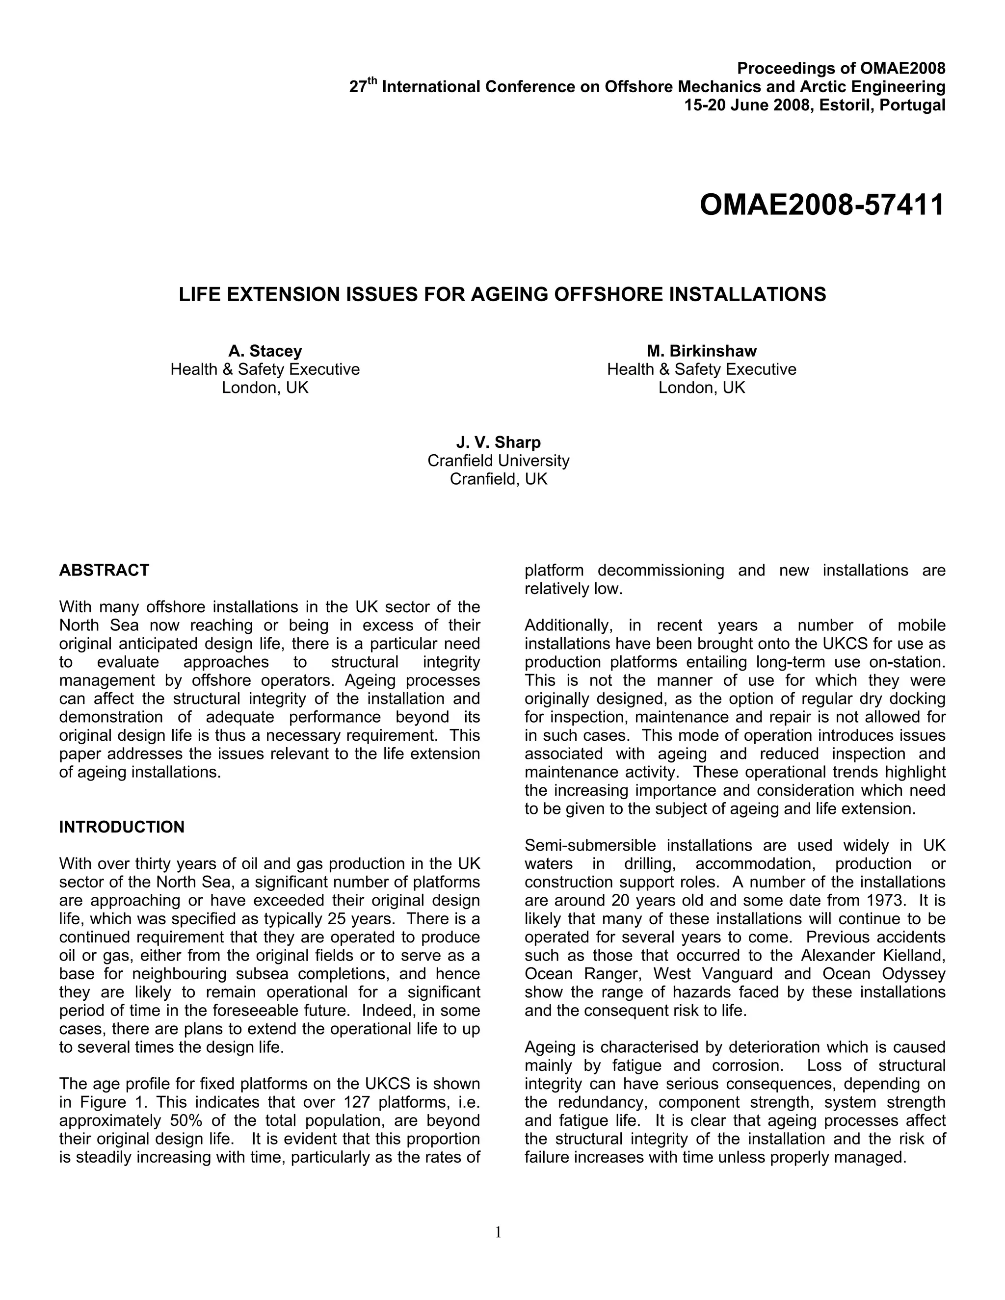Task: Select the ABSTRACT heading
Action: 104,570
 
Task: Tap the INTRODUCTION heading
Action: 122,827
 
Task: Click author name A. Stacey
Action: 265,351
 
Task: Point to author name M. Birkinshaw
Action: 701,351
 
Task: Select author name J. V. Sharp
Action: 499,442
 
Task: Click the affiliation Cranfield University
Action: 499,461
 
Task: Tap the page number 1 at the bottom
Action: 499,1233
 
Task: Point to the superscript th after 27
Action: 373,82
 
